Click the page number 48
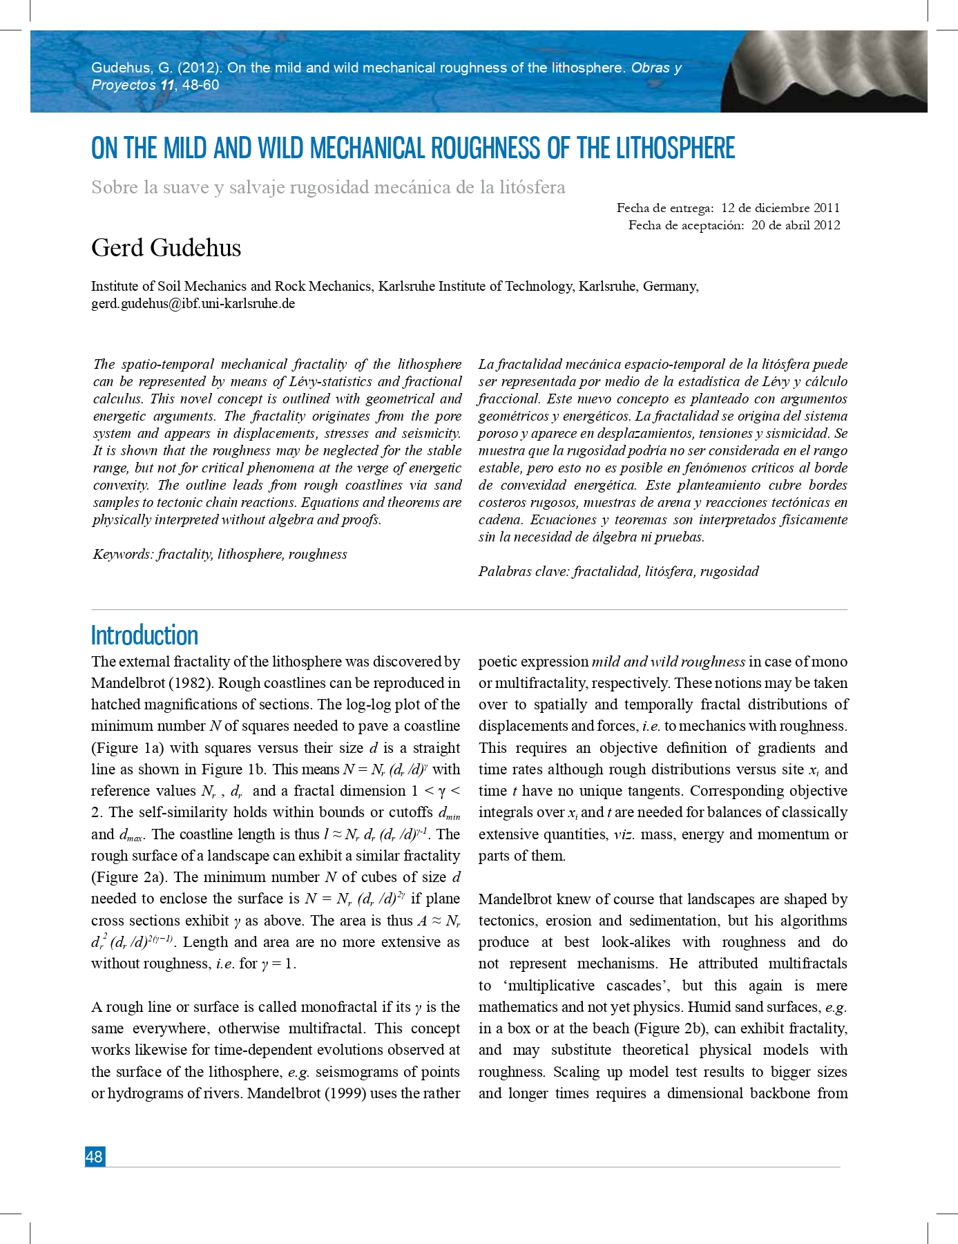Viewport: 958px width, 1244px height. click(x=94, y=1156)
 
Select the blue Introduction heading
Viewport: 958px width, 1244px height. click(x=144, y=635)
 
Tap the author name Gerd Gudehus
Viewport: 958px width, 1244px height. click(x=166, y=248)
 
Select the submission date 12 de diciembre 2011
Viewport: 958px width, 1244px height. click(x=780, y=208)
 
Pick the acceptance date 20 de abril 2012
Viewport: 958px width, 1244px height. click(x=795, y=225)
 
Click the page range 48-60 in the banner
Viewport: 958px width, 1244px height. click(x=200, y=85)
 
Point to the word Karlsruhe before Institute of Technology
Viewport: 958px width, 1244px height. click(x=405, y=286)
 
